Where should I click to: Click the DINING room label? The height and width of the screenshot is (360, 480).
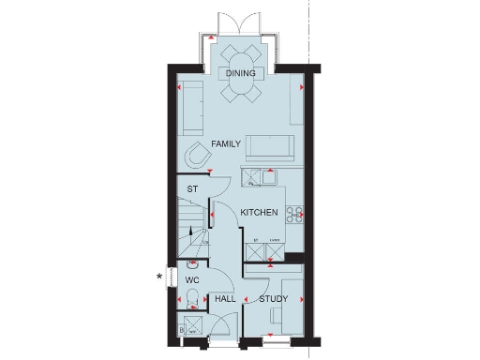pyautogui.click(x=241, y=72)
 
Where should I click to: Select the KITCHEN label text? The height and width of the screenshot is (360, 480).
pyautogui.click(x=259, y=214)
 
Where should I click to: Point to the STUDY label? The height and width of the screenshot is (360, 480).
pyautogui.click(x=273, y=299)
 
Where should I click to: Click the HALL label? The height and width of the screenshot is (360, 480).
pyautogui.click(x=225, y=299)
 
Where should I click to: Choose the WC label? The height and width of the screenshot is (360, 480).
pyautogui.click(x=192, y=279)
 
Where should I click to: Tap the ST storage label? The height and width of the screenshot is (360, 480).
pyautogui.click(x=192, y=190)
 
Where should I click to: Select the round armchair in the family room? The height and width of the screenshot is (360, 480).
pyautogui.click(x=200, y=155)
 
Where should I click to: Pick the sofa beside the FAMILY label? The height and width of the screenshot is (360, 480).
pyautogui.click(x=269, y=147)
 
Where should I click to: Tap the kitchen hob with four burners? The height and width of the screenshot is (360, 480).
pyautogui.click(x=293, y=214)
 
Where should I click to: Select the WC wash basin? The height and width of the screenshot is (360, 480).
pyautogui.click(x=191, y=265)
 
